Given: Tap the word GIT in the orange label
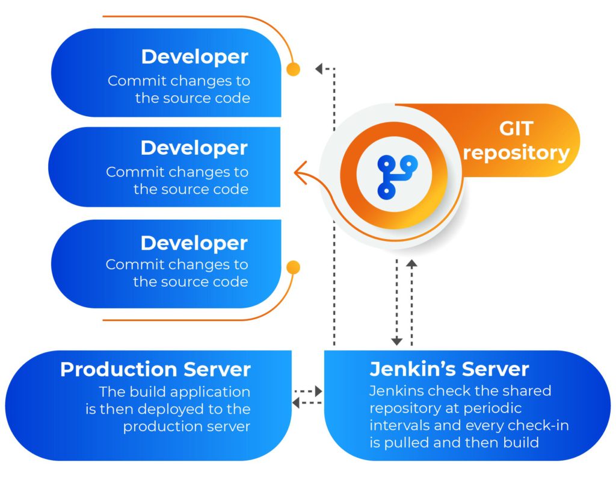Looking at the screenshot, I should coord(517,129).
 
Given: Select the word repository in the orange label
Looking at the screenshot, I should coord(516,152).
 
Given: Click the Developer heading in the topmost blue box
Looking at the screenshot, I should coord(194,57).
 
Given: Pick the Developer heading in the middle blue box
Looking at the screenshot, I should coord(194,148).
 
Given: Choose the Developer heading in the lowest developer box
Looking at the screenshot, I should coord(194,243).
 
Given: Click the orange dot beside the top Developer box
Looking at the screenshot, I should coord(293,69).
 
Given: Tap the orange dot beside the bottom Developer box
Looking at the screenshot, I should coord(293,267).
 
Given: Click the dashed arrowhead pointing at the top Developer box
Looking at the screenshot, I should coord(319,69).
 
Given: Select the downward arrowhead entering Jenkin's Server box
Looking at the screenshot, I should coord(396,341).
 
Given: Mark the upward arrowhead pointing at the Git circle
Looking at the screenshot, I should coord(411,263).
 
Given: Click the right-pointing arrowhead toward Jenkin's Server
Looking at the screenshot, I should coord(318,391).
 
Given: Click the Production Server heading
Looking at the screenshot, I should coord(155,369).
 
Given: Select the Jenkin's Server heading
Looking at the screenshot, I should coord(449,369).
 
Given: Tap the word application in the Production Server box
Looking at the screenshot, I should coord(210,391).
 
